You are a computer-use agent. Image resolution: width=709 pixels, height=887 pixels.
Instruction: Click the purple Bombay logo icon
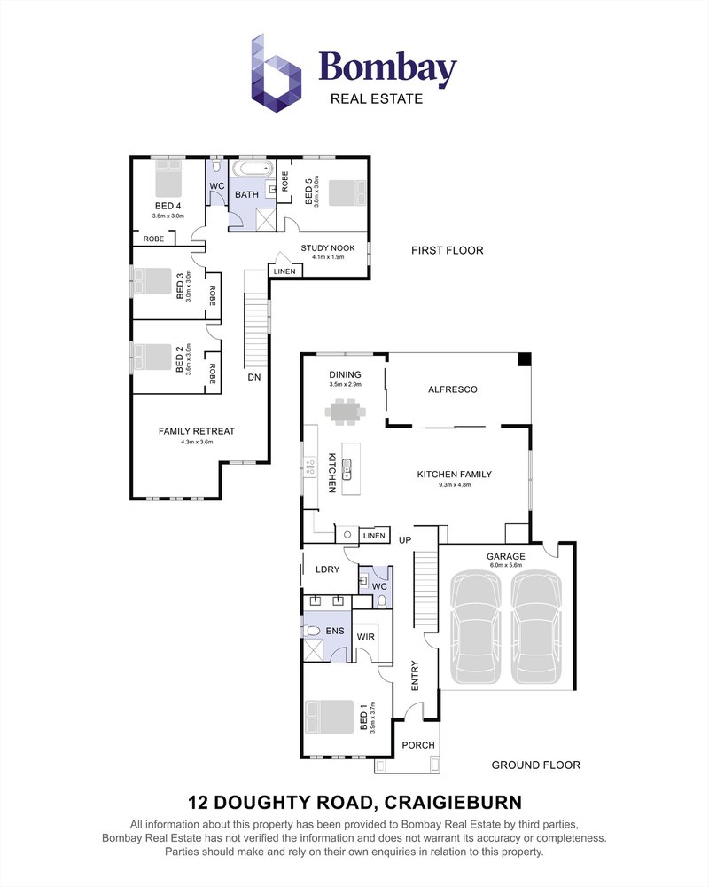276,74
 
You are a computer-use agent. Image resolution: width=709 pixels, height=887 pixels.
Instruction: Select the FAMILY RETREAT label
196,431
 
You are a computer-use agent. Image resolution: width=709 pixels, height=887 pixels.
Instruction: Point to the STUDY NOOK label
327,248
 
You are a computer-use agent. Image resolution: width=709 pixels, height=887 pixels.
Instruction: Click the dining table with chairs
345,410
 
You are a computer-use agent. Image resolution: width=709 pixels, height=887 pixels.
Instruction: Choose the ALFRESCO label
453,389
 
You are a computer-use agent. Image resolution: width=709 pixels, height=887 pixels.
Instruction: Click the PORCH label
418,745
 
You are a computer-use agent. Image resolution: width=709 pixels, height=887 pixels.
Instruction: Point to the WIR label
365,637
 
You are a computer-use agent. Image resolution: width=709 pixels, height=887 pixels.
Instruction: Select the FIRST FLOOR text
447,250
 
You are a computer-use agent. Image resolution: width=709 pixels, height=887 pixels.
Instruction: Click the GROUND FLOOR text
535,765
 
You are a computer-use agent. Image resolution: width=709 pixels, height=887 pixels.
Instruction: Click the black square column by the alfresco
524,359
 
